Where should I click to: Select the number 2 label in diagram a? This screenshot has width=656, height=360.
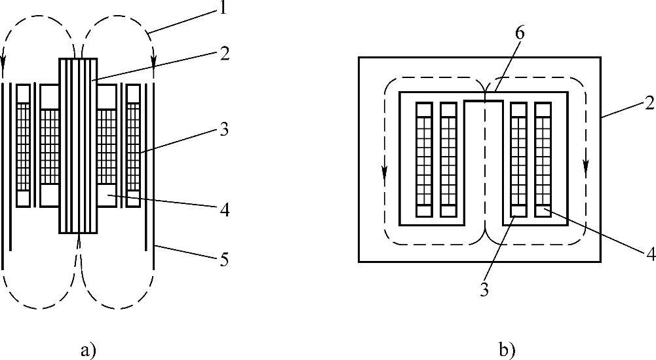click(x=225, y=54)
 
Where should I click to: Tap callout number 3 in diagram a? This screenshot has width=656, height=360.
click(x=224, y=130)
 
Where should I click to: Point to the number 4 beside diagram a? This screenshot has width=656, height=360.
click(x=225, y=210)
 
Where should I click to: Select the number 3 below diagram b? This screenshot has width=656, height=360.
click(x=484, y=290)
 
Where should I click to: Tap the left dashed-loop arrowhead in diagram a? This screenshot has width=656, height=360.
click(x=4, y=66)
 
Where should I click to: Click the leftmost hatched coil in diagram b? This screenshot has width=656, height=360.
click(x=423, y=159)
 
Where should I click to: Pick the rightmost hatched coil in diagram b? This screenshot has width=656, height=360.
click(x=543, y=159)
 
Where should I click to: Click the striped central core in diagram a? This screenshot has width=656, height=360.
click(x=78, y=146)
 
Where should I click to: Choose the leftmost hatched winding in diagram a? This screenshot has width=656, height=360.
click(x=24, y=146)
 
